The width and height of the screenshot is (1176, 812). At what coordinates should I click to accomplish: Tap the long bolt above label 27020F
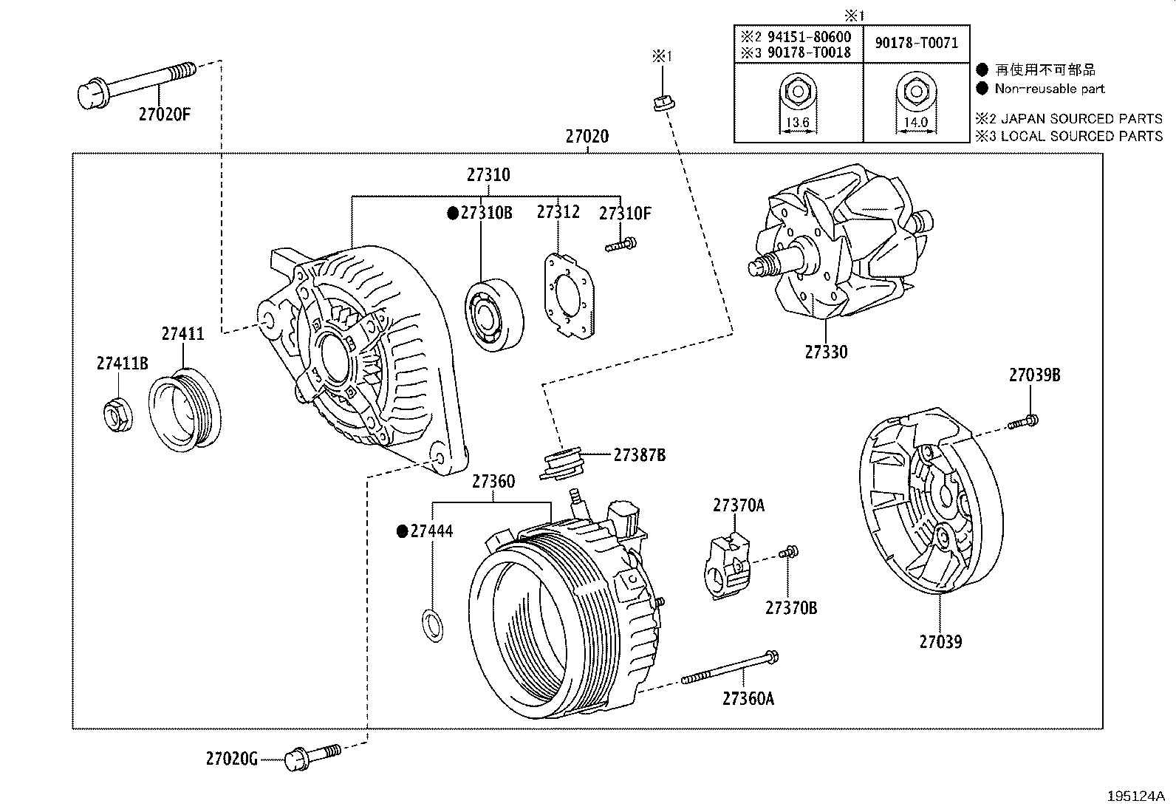tap(137, 83)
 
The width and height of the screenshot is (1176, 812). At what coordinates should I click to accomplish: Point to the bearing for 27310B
tap(494, 315)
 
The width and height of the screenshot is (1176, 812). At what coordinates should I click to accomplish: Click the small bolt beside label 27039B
tap(1023, 423)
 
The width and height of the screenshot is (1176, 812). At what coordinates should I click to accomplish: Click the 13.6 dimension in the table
tap(798, 123)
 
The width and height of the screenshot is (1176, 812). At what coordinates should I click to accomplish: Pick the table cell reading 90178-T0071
tap(916, 43)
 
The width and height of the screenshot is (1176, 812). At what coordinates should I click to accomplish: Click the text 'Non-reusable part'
tap(1049, 89)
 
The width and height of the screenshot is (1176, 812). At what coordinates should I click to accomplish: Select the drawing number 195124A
tap(1135, 796)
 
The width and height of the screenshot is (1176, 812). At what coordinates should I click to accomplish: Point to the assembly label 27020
tap(587, 137)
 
